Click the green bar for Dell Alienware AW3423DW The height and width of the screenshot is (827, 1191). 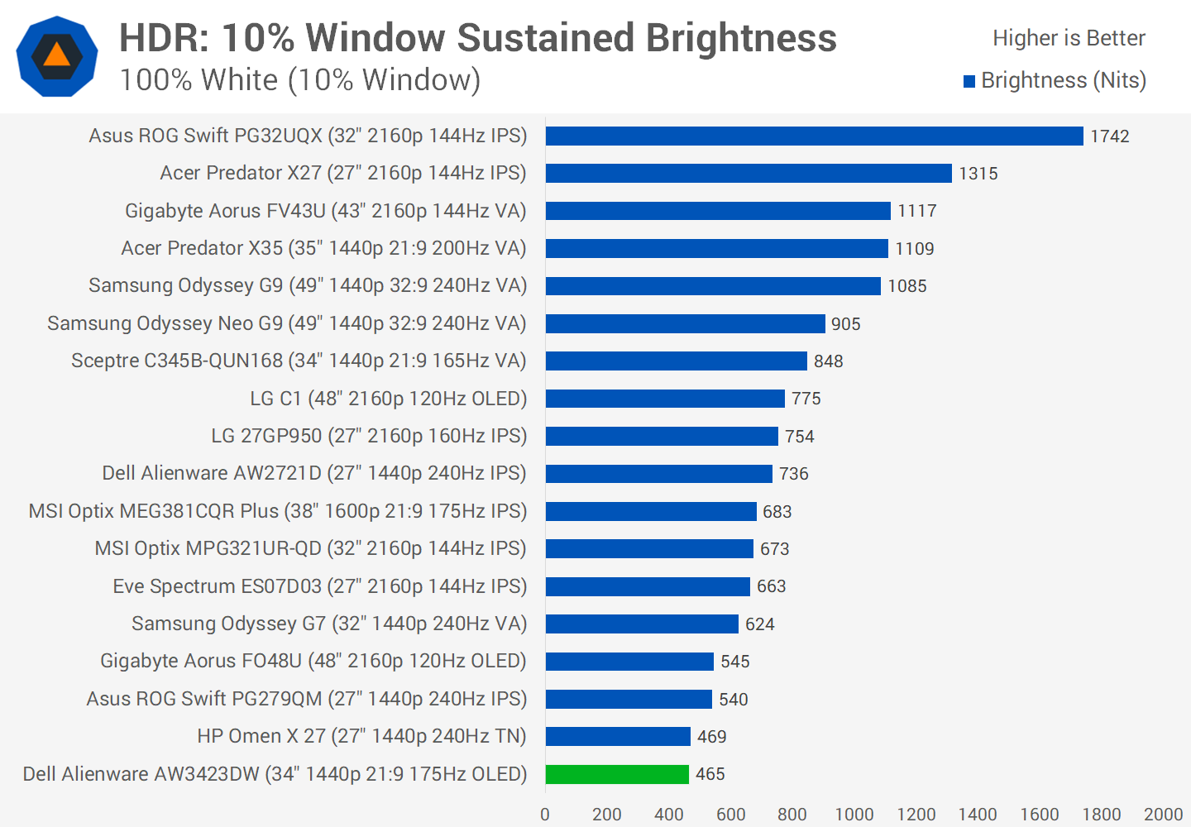click(x=617, y=774)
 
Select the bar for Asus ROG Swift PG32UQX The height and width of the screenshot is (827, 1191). click(x=814, y=136)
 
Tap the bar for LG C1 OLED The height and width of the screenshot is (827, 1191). click(x=665, y=399)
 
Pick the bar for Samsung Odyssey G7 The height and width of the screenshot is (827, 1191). click(x=642, y=624)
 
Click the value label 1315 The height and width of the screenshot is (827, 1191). click(x=978, y=174)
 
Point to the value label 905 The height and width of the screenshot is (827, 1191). click(x=846, y=324)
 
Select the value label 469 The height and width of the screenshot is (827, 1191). click(x=712, y=737)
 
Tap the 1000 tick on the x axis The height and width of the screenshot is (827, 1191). click(x=854, y=815)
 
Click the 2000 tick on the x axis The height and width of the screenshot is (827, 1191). click(x=1163, y=815)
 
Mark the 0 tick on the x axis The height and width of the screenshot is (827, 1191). click(x=545, y=815)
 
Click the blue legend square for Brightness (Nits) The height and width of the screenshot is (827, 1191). click(x=969, y=81)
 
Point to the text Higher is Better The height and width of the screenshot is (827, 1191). click(x=1069, y=38)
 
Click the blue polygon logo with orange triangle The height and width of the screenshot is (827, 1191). click(x=57, y=56)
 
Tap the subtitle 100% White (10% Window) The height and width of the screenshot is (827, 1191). click(x=300, y=80)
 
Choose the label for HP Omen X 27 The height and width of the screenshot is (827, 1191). click(x=361, y=736)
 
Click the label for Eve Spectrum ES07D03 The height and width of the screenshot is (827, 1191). click(x=319, y=586)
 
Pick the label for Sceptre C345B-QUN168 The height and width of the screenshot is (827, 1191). click(x=299, y=361)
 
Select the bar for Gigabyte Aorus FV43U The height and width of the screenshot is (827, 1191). click(x=718, y=211)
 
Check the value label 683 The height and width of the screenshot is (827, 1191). click(x=777, y=512)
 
